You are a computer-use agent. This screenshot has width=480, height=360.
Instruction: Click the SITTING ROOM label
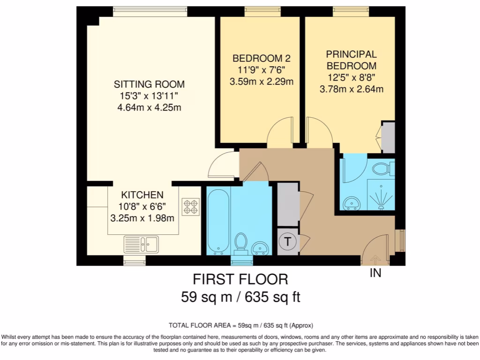(149, 84)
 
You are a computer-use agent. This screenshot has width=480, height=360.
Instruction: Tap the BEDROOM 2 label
(262, 59)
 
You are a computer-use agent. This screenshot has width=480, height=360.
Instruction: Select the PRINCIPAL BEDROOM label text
(351, 60)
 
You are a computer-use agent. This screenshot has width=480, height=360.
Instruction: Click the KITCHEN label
(142, 195)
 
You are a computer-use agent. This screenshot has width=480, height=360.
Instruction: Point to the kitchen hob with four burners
(191, 207)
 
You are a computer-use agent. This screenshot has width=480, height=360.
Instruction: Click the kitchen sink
(141, 244)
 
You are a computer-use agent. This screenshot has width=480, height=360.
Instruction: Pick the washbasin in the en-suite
(351, 202)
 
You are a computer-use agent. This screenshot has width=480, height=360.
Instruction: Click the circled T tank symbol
(288, 242)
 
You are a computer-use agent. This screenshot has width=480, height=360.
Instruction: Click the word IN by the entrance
(375, 273)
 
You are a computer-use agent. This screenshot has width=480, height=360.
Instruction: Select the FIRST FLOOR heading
(240, 279)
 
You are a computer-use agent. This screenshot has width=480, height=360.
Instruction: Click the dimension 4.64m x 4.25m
(149, 108)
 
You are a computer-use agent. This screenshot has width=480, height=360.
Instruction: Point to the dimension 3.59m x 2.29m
(262, 82)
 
